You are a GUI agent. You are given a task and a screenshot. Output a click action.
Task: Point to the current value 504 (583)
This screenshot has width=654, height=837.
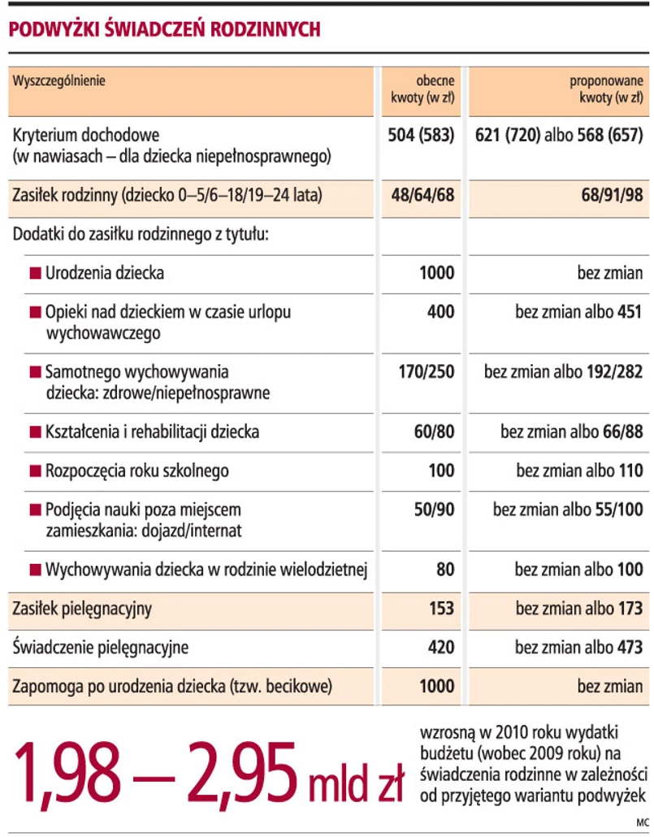421,134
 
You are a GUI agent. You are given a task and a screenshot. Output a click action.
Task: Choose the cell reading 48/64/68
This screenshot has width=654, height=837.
422,195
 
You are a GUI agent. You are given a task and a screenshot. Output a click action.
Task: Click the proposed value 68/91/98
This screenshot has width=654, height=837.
609,195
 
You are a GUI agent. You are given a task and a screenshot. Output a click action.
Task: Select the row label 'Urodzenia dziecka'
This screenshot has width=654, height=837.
105,273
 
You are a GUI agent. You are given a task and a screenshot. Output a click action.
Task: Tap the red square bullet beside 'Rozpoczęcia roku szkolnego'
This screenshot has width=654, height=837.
35,471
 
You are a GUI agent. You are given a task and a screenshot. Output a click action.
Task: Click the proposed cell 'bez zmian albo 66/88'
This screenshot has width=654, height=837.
571,432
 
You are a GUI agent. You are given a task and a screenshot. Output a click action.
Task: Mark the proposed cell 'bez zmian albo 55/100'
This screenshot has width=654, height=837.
568,510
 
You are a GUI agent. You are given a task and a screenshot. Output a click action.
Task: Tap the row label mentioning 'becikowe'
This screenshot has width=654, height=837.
172,687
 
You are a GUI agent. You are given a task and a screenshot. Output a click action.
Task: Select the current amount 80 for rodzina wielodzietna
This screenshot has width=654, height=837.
444,570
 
